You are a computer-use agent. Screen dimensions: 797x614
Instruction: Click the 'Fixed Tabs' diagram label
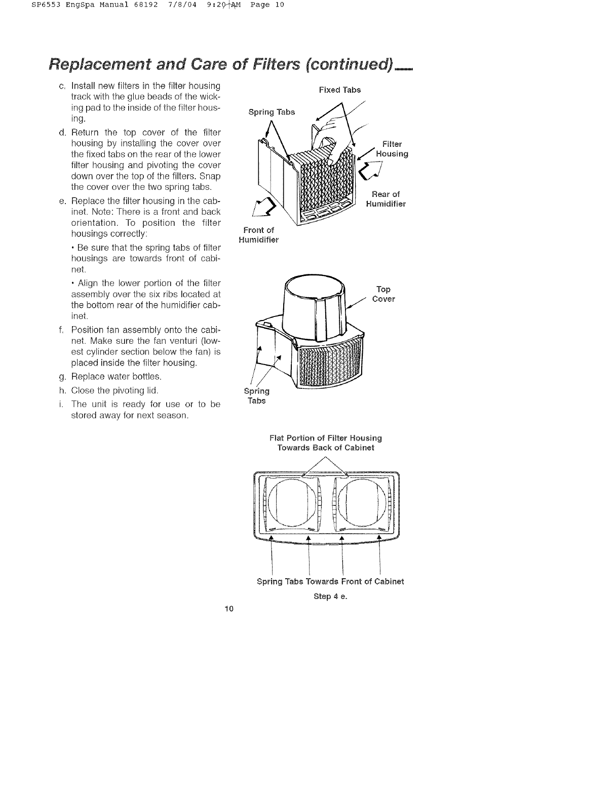point(339,90)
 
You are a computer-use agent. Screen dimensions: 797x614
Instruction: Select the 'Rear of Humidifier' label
point(386,199)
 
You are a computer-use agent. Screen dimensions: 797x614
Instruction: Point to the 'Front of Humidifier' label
point(258,235)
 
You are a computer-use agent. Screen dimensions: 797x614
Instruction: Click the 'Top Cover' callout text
point(383,294)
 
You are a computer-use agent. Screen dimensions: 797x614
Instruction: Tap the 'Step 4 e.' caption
point(330,596)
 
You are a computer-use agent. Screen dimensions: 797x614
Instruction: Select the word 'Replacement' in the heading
point(99,65)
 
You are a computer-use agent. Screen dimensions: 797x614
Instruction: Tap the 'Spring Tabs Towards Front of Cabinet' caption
point(330,581)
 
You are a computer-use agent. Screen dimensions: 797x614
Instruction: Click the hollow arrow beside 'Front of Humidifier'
point(266,207)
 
